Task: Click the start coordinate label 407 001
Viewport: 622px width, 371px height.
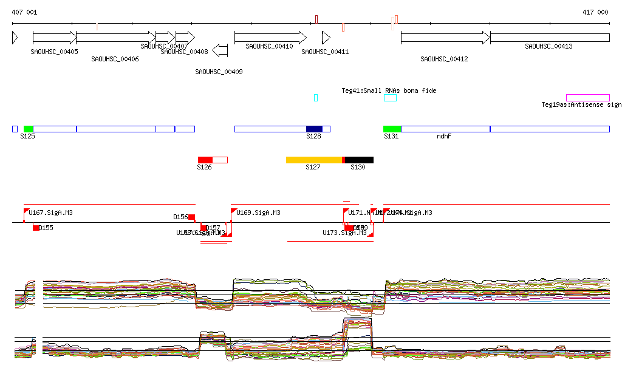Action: pos(24,12)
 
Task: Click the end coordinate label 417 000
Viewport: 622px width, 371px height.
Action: pos(595,12)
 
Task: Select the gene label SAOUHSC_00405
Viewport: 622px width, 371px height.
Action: pos(54,52)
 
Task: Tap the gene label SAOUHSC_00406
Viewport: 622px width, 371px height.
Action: pos(115,59)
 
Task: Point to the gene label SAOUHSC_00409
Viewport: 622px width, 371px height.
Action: pos(219,72)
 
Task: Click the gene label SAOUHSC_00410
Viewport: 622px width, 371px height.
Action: pos(269,46)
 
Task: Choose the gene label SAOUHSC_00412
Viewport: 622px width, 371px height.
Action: pos(444,59)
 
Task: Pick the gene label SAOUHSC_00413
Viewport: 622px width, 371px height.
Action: pos(549,46)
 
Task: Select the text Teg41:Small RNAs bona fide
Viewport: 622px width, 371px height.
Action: pos(389,90)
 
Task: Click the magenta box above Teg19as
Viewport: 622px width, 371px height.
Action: pos(587,98)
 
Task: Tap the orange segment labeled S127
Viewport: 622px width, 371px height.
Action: pos(314,160)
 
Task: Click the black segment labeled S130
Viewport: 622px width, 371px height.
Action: pos(359,160)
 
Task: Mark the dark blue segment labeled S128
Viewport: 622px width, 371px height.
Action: pos(314,129)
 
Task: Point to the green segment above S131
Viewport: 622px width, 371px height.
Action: pos(392,129)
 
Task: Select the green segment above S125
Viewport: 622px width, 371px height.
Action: pos(28,129)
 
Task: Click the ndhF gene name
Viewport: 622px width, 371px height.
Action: pos(444,136)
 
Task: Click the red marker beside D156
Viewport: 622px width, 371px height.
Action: pos(191,217)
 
